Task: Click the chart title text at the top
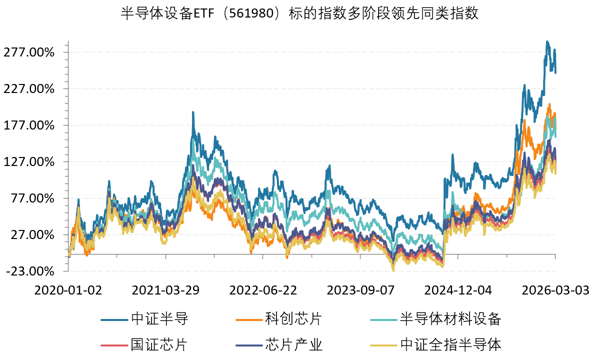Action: pos(300,13)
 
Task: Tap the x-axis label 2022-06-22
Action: pos(263,290)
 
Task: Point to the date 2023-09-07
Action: pos(361,290)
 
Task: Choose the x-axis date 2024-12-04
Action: pos(458,290)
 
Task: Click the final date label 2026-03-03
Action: pos(555,290)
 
